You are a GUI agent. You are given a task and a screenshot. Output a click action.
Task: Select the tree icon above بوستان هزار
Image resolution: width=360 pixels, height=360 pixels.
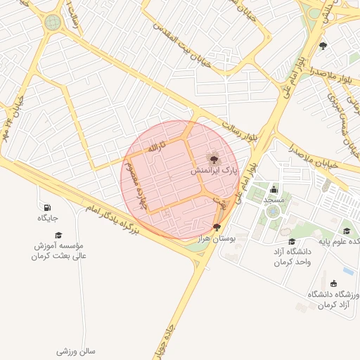pyautogui.click(x=217, y=227)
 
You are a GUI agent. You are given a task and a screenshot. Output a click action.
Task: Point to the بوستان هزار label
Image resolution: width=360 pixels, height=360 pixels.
pyautogui.click(x=217, y=239)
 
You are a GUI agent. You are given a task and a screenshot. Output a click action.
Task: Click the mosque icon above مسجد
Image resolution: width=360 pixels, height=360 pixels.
pyautogui.click(x=274, y=189)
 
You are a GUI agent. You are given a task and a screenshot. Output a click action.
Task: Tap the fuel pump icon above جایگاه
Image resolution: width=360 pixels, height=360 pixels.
pyautogui.click(x=47, y=207)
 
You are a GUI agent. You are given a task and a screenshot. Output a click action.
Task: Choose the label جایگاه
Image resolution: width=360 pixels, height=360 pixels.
pyautogui.click(x=47, y=219)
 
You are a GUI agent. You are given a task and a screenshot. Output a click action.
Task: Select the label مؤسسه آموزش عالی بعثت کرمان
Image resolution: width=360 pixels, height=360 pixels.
pyautogui.click(x=59, y=251)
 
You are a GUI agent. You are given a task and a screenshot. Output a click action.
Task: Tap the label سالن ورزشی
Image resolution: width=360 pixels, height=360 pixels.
pyautogui.click(x=77, y=349)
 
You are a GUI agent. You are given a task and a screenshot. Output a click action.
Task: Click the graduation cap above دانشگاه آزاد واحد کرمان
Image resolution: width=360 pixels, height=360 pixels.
pyautogui.click(x=292, y=241)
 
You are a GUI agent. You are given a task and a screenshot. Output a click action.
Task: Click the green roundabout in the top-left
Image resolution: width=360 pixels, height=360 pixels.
pyautogui.click(x=53, y=22)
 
